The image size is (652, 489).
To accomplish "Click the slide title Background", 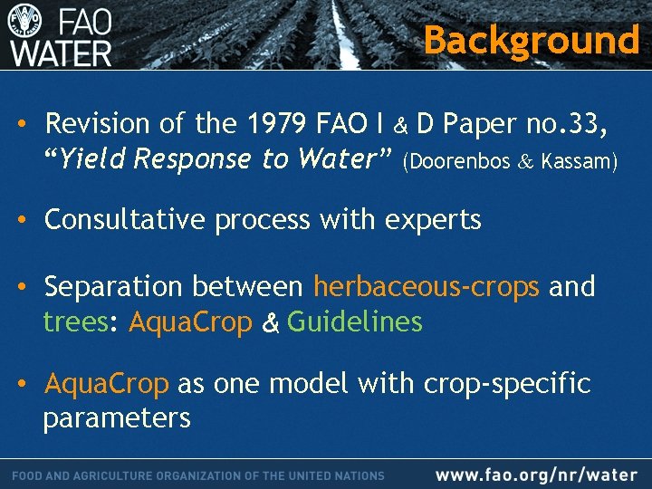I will coord(532,40).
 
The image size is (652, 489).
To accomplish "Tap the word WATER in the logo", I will coord(62,51).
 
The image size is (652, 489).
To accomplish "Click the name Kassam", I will coord(579,162).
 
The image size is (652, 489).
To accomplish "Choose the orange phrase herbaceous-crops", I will coord(427,287).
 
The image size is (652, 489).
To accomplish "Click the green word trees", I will coord(75,322).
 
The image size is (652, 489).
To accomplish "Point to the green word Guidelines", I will coord(355,322).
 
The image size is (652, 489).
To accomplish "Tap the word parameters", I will coord(117,417).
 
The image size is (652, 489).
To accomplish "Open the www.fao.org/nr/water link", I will coord(536,475).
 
